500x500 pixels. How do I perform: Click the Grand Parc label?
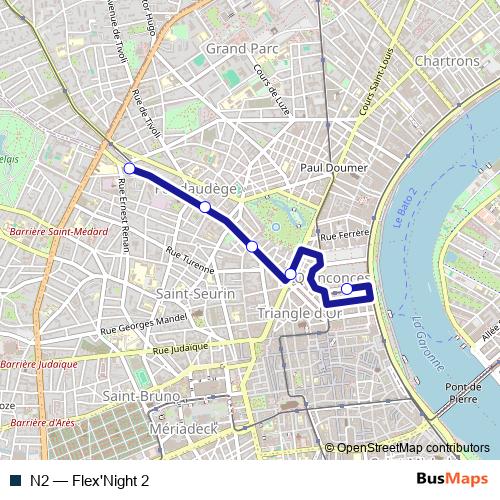point(242,47)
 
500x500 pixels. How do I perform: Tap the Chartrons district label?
point(445,61)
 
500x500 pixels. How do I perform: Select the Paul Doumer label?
point(334,168)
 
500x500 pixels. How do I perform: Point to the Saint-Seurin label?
point(196,294)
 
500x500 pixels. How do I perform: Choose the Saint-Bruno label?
point(142,396)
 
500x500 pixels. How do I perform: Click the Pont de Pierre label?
point(464,393)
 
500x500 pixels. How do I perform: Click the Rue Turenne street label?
point(190,262)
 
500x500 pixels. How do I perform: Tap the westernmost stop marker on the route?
point(129,168)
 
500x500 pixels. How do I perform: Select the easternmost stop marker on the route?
point(347,289)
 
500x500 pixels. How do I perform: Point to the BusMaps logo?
point(452,480)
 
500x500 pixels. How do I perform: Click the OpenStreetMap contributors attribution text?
point(413,448)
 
